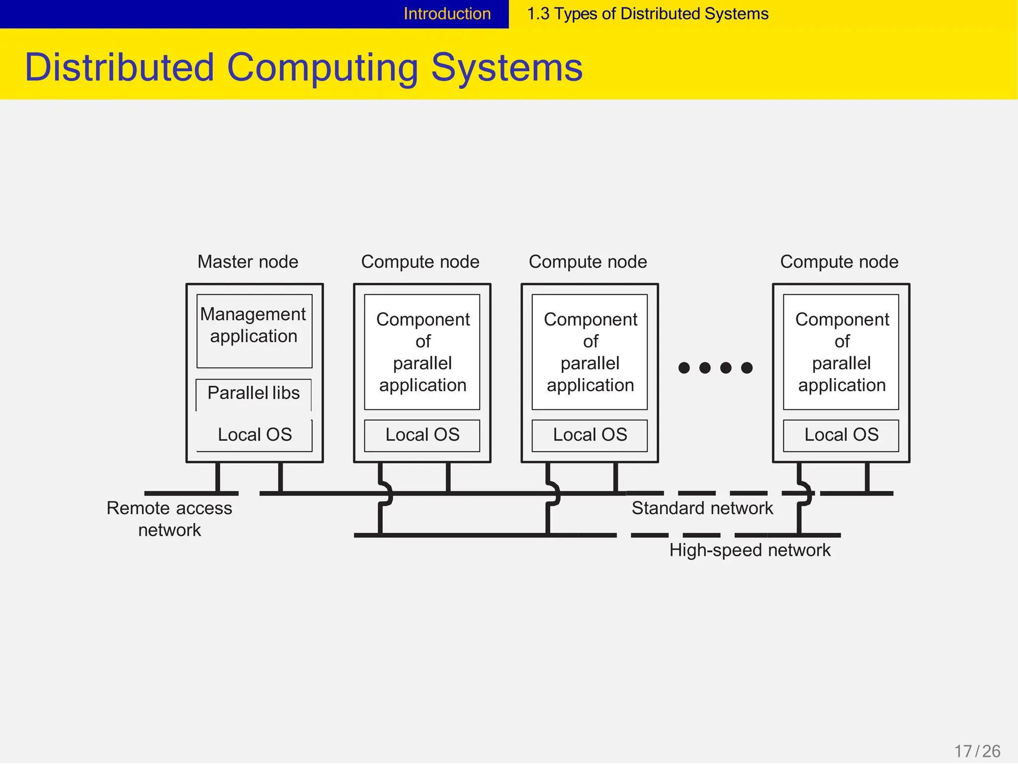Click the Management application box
coord(254,331)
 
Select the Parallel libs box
coord(254,393)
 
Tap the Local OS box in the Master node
coord(254,435)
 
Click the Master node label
coord(248,262)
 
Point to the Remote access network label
coord(170,519)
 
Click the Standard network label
coord(702,509)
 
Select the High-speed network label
coord(750,550)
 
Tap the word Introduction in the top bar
coord(447,14)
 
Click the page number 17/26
coord(977,751)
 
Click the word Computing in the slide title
coord(323,68)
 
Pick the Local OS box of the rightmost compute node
coord(841,435)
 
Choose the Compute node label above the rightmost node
coord(839,262)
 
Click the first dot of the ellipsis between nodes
coord(684,368)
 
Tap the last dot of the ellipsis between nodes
coord(747,368)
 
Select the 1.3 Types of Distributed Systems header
coord(647,14)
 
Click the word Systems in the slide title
coord(507,68)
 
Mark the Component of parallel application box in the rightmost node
coord(841,352)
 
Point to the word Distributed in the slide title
coord(119,68)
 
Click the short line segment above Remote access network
coord(191,493)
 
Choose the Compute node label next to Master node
coord(420,262)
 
